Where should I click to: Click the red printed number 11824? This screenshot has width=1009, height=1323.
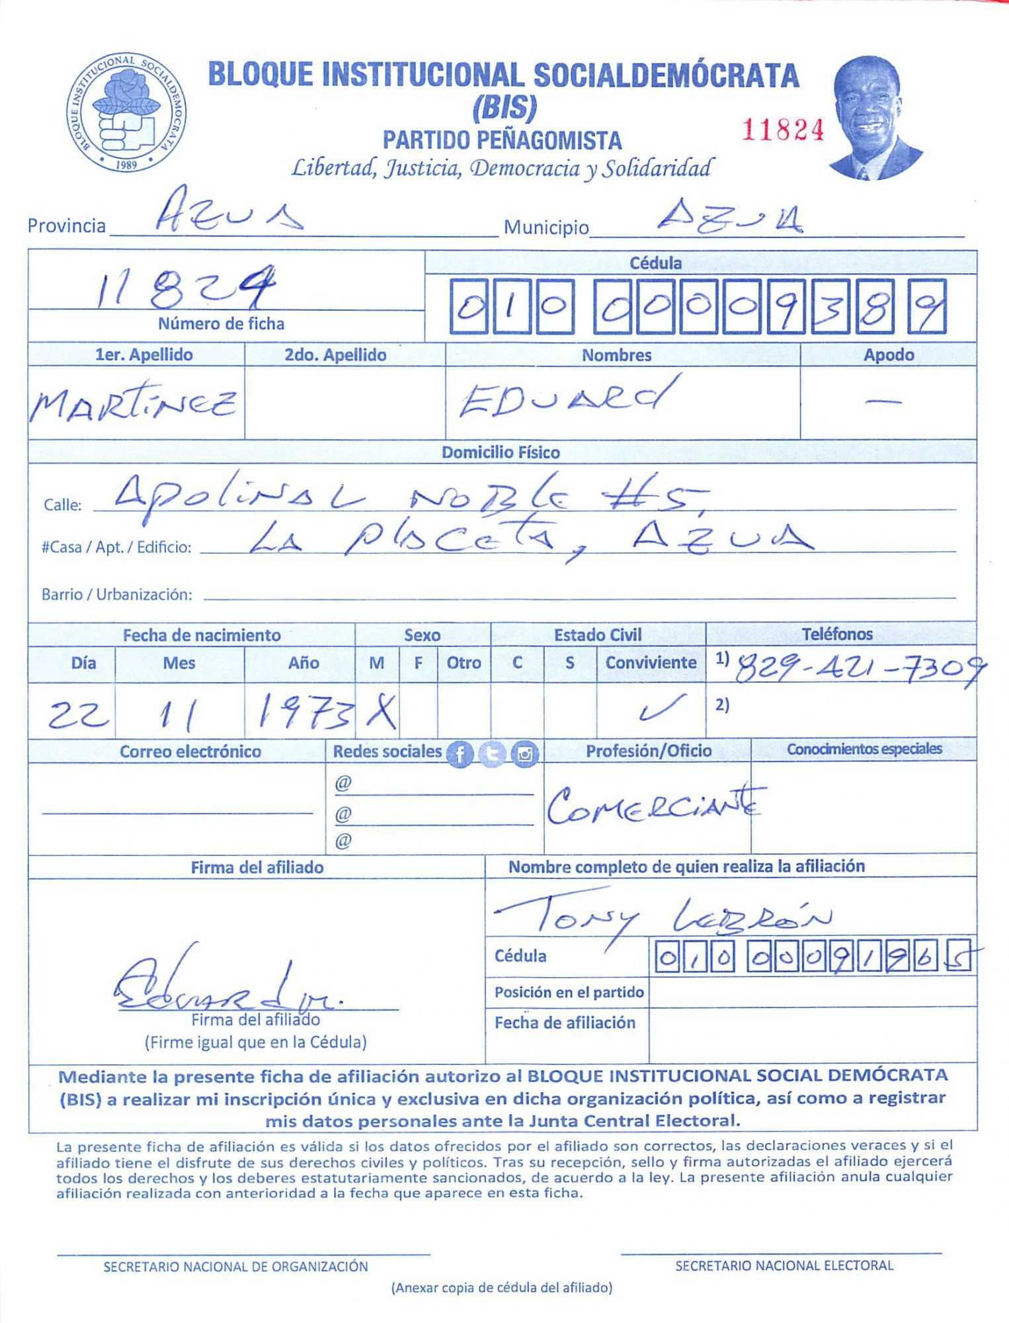click(783, 130)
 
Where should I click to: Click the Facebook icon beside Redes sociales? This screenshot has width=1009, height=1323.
click(460, 753)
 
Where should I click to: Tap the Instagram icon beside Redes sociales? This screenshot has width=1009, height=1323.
click(525, 753)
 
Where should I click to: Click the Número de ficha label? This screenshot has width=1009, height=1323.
click(221, 324)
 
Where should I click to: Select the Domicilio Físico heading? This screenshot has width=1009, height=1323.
click(501, 452)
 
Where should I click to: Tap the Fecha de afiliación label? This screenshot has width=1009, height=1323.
click(565, 1023)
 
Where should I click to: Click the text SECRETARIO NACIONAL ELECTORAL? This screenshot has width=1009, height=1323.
click(784, 1266)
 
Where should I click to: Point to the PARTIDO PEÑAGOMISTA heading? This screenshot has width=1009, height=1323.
click(502, 140)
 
